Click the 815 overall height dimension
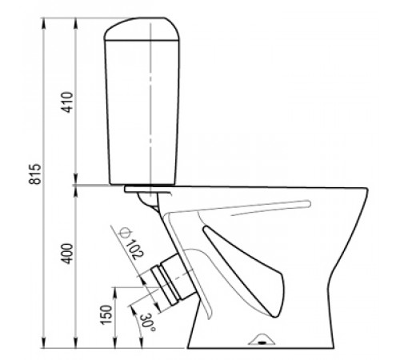coord(35,174)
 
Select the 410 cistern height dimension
coord(67,102)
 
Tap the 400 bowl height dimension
coord(67,254)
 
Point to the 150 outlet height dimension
coord(106,315)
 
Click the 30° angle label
coord(147,323)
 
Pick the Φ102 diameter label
coord(131,243)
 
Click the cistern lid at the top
coord(142,29)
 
